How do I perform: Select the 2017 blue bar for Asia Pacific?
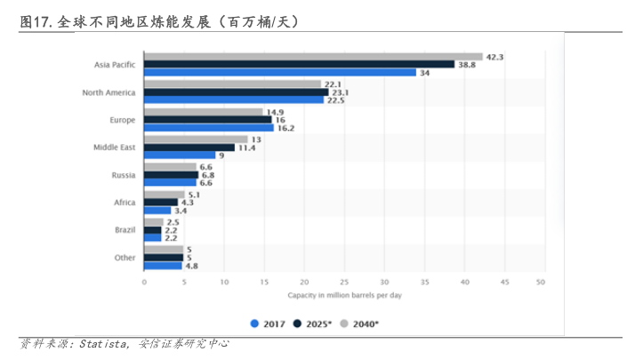[280, 72]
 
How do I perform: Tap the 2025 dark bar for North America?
[236, 92]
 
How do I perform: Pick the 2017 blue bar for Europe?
[209, 128]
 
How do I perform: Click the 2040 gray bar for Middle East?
[196, 140]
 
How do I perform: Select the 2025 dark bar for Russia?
[171, 175]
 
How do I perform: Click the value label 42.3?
[494, 57]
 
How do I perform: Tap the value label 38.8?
[467, 65]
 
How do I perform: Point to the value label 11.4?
[246, 148]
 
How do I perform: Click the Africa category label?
[125, 203]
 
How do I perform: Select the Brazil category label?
[125, 229]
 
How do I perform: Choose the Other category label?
[125, 258]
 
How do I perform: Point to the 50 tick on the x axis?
[541, 283]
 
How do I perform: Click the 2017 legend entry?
[268, 324]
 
